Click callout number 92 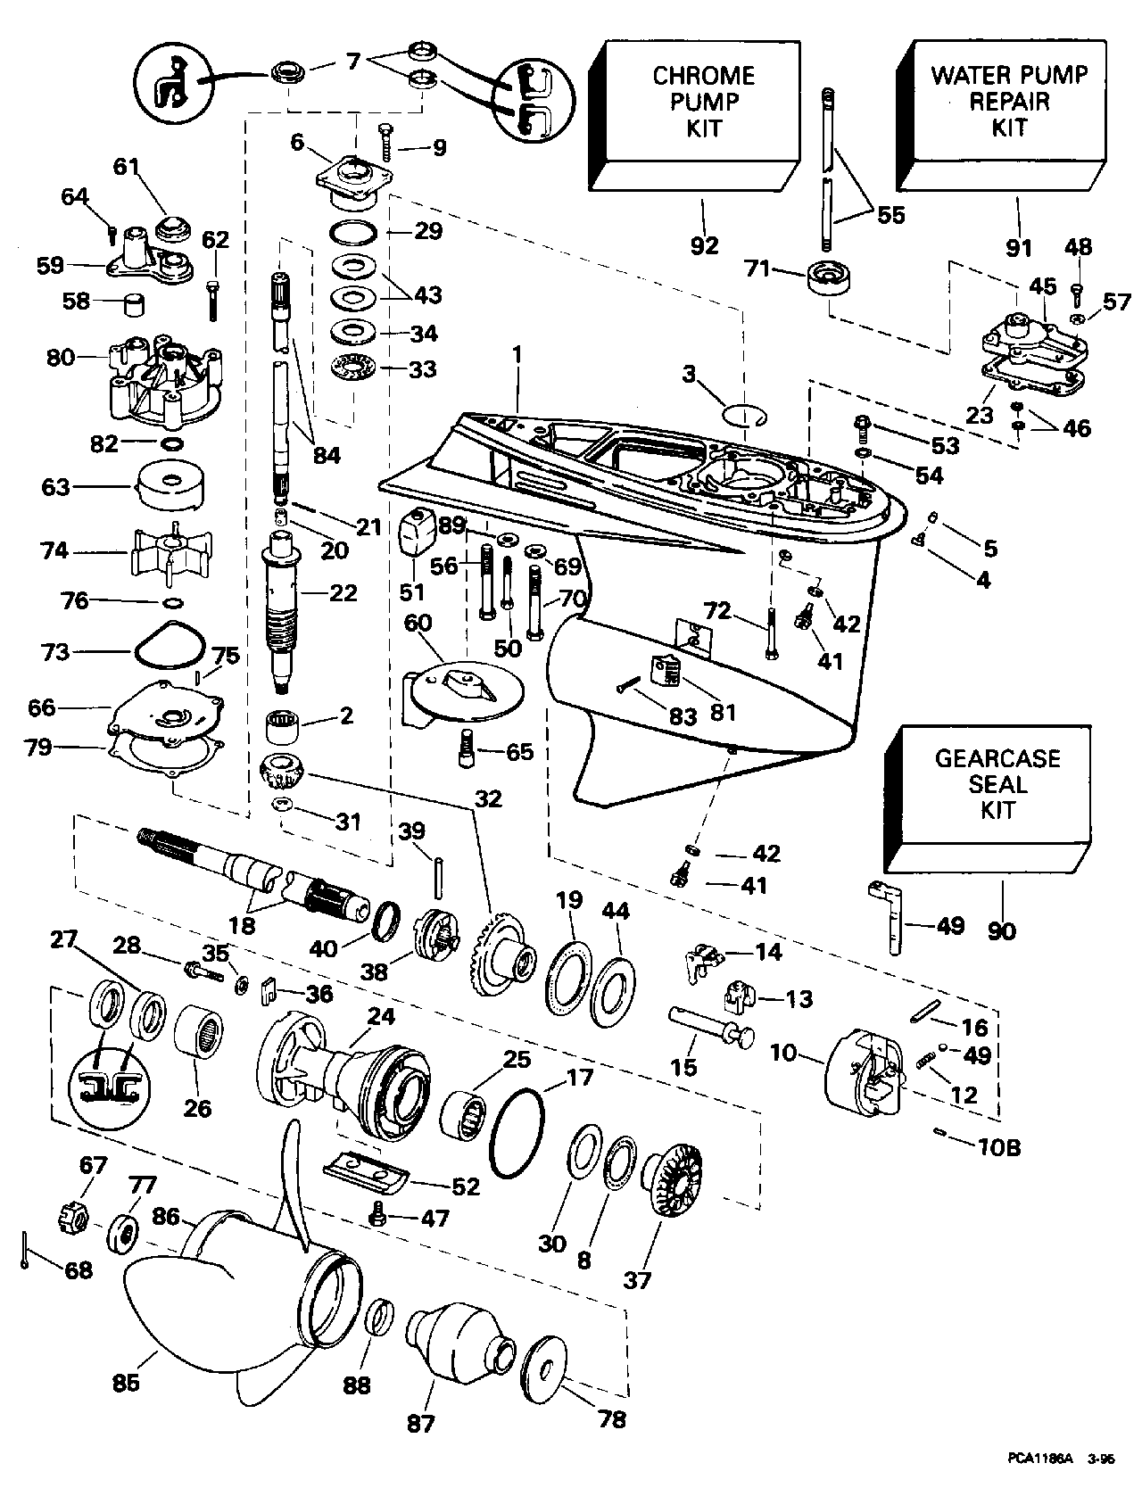(x=704, y=245)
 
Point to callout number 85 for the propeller (x=127, y=1383)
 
